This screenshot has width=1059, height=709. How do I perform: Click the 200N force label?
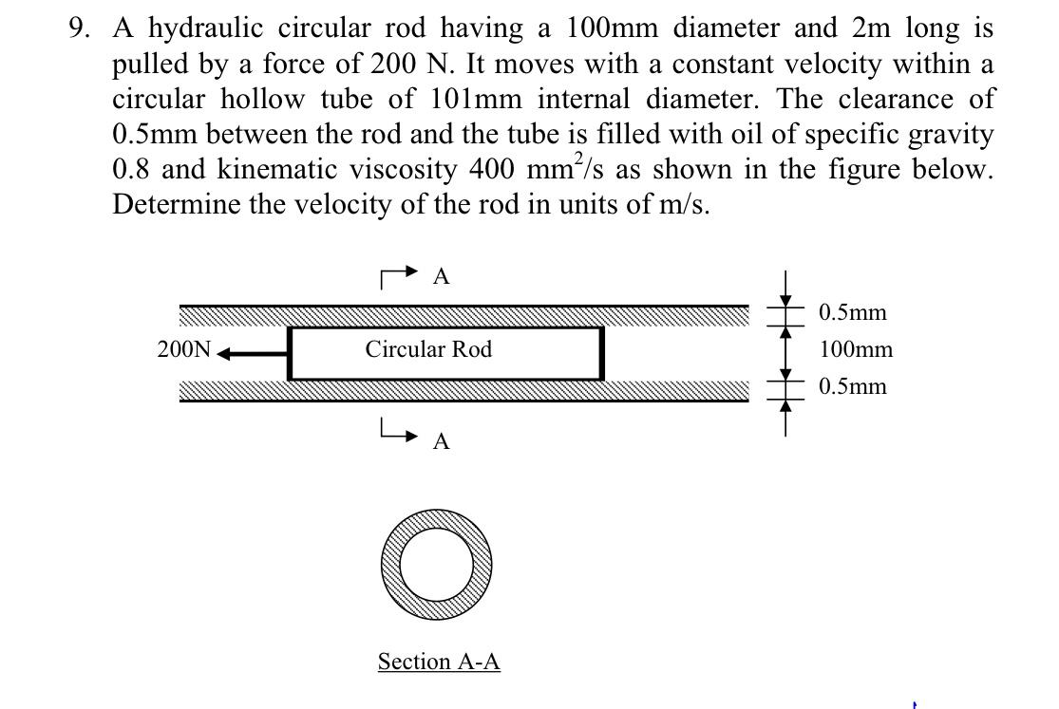tap(184, 349)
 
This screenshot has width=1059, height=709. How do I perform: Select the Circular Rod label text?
tap(428, 349)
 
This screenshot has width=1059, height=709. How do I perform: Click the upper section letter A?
tap(441, 276)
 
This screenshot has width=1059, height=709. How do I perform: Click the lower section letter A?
tap(441, 441)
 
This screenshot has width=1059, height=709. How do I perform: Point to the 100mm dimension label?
tap(855, 349)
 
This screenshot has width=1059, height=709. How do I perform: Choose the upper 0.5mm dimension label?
tap(852, 312)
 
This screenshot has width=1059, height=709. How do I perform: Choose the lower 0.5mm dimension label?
tap(852, 386)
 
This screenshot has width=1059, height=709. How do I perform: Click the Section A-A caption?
tap(439, 662)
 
